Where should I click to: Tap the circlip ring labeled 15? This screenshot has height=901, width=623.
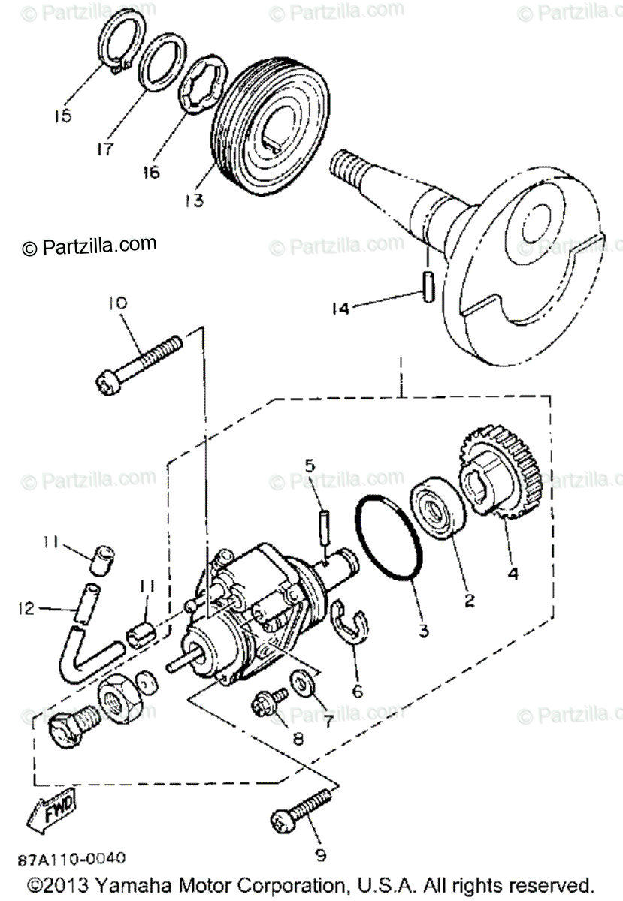coord(114,46)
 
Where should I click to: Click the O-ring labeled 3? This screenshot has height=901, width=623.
coord(389,538)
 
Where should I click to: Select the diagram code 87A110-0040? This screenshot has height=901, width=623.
coord(73,858)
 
